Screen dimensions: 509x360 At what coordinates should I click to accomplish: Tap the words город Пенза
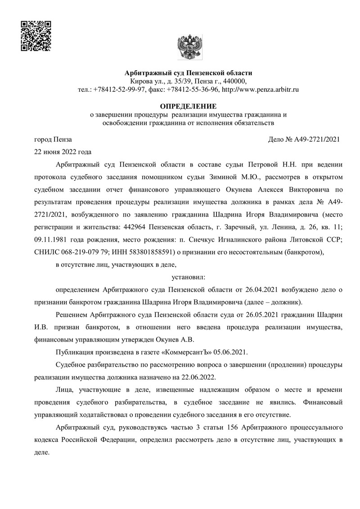(53, 140)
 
